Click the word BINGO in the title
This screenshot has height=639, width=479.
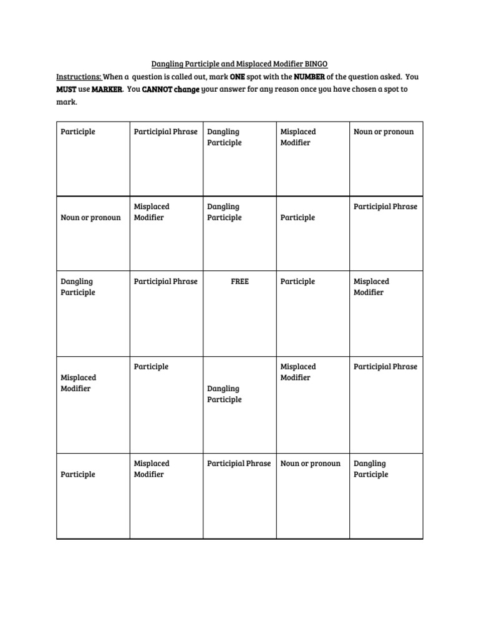click(x=315, y=64)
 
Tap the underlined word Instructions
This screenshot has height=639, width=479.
click(x=79, y=77)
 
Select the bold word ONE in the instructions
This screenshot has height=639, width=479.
click(x=238, y=77)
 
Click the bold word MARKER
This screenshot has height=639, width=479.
click(x=107, y=89)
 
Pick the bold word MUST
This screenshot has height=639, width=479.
click(x=66, y=89)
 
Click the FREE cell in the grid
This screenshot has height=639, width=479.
click(x=239, y=281)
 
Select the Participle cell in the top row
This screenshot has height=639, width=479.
click(x=78, y=132)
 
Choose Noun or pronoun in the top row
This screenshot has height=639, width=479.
click(x=384, y=132)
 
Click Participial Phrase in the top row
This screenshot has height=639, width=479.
click(x=166, y=132)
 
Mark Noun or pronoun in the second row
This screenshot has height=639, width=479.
click(x=90, y=218)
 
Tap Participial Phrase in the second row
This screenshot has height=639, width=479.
click(x=385, y=207)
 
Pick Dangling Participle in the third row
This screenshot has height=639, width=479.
click(x=78, y=287)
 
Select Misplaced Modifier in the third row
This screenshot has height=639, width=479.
click(x=371, y=287)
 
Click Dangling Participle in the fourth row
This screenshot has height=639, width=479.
click(x=225, y=394)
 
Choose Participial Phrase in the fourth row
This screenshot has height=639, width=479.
click(x=385, y=367)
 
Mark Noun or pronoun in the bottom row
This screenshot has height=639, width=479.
click(x=311, y=464)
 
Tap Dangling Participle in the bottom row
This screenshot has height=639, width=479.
click(x=371, y=469)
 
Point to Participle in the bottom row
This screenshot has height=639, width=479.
click(x=78, y=475)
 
